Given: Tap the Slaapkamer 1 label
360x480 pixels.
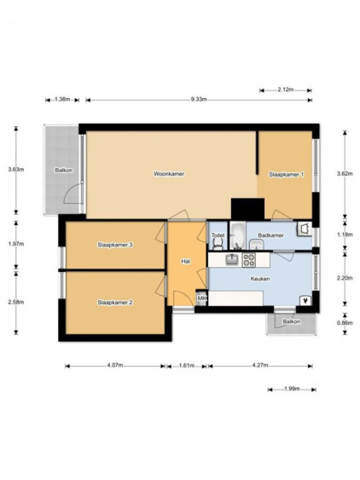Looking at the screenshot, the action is tap(286, 175).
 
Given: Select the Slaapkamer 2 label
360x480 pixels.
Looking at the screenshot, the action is tap(115, 303).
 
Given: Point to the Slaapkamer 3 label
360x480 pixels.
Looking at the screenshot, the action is tap(115, 245).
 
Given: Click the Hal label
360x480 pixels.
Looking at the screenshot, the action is tap(186, 262).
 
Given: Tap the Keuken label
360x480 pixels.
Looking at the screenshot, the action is tap(260, 279).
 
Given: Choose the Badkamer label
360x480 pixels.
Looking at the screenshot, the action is tap(270, 235).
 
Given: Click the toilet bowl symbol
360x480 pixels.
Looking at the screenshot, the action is tap(218, 244).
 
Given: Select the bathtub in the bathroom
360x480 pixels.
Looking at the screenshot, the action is tap(238, 235).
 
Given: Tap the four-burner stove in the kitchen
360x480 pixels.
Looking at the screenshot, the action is tap(249, 260).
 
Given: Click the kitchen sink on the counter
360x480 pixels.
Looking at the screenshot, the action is tap(233, 259).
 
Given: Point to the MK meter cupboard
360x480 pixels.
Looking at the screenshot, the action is tap(201, 298).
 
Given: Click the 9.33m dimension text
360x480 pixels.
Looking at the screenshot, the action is tap(199, 99).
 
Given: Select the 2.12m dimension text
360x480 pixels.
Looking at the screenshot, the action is tap(285, 90).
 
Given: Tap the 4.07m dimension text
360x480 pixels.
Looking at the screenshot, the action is tap(115, 365).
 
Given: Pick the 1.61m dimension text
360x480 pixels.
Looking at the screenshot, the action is tap(187, 365).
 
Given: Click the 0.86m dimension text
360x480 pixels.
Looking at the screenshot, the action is tap(345, 322).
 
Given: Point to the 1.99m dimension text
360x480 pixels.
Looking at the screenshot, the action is tap(292, 389).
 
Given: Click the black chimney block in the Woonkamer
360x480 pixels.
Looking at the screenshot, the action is tap(247, 209).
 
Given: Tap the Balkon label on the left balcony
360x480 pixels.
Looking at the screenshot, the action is tap(64, 171).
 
